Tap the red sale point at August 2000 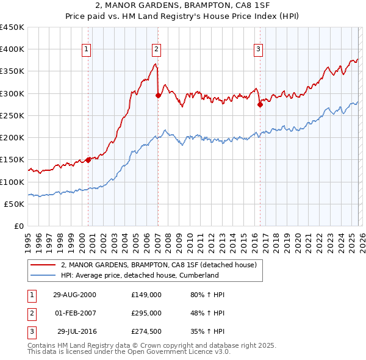[88, 160]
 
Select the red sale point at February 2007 [158, 95]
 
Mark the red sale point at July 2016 [260, 104]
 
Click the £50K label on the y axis [15, 204]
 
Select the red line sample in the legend [44, 265]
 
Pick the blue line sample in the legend [44, 275]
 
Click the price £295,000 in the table [146, 313]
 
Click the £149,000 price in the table [146, 295]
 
